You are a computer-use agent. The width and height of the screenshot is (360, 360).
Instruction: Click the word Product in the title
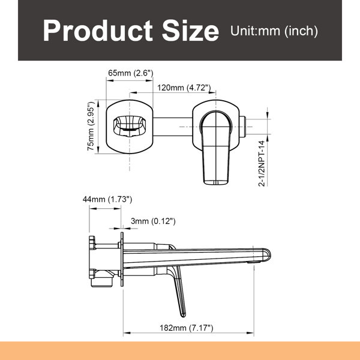coord(98,31)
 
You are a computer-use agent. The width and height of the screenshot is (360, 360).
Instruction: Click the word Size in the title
coord(191,31)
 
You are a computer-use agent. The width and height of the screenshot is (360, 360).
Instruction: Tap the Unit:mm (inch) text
coord(274,31)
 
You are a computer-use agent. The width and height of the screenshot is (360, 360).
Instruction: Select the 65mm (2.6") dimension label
coord(131,73)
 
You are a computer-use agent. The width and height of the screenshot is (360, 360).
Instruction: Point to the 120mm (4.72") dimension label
coord(184,88)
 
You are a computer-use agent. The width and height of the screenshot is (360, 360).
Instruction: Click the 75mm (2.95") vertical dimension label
coord(91,126)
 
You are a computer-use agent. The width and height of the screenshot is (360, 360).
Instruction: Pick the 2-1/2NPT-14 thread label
coord(262,163)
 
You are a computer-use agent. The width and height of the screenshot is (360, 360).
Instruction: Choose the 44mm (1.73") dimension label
coord(107,199)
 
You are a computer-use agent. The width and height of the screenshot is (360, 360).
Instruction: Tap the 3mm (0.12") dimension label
coord(153,221)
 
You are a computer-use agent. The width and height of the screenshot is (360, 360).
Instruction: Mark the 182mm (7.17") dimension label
coord(187,328)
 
